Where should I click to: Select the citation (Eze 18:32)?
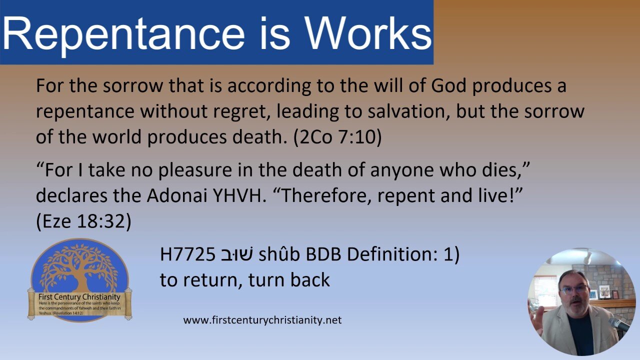point(83,221)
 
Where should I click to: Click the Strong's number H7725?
point(187,255)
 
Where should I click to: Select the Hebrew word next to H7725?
point(236,255)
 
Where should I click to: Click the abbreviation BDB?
point(323,255)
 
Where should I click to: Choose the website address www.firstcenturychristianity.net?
point(262,320)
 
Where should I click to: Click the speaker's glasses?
point(573,289)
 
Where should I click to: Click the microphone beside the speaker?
point(619,324)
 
